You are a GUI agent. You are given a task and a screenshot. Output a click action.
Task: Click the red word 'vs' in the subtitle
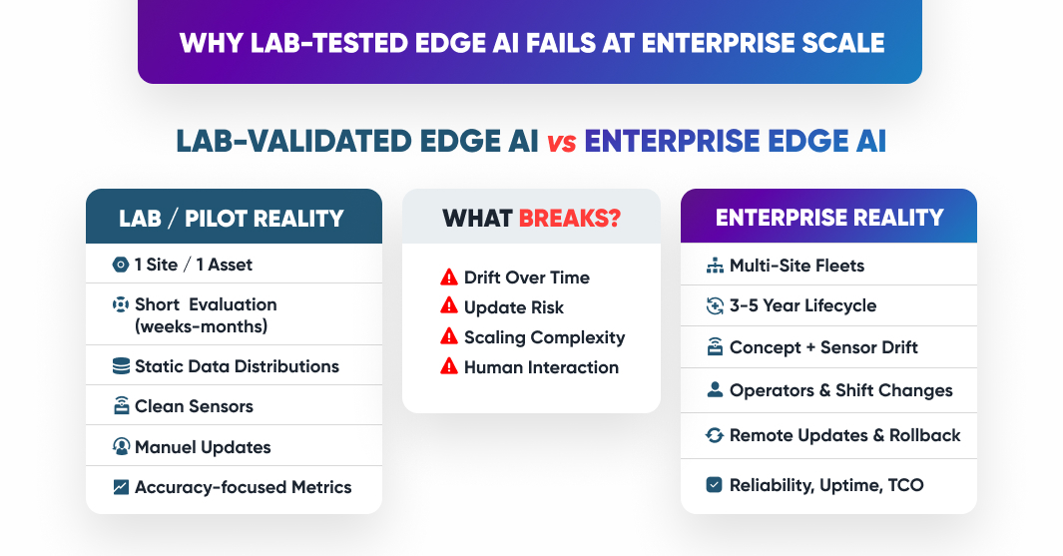coord(561,142)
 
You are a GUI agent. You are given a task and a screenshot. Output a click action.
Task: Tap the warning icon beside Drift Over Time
coord(449,278)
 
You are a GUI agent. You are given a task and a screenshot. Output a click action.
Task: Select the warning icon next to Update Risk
coord(449,307)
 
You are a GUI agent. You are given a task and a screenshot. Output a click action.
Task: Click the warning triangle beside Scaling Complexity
coord(449,337)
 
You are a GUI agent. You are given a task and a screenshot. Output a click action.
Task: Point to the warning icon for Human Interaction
coord(449,367)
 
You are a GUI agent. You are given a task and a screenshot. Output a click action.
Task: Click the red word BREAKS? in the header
coord(569,218)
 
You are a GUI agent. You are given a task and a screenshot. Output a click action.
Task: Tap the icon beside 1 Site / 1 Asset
coord(121,265)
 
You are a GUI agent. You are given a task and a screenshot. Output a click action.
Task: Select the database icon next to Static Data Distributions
coord(121,366)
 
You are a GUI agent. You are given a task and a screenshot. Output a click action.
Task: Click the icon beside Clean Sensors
coord(121,406)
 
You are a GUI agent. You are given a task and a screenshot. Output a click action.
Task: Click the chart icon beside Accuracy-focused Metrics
coord(121,487)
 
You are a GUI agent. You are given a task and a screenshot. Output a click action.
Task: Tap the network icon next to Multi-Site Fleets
coord(714,266)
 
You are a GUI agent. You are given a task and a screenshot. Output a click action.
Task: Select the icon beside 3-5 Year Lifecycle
coord(714,306)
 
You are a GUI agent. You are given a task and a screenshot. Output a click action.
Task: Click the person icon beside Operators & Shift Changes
coord(714,390)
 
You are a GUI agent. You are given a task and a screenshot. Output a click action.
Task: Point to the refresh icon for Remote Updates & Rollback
coord(714,435)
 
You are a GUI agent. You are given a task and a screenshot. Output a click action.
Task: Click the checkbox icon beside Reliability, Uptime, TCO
coord(714,485)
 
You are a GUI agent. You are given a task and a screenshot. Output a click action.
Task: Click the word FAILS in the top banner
coord(596,43)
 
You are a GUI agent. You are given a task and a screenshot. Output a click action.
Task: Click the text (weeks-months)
coord(201,326)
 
